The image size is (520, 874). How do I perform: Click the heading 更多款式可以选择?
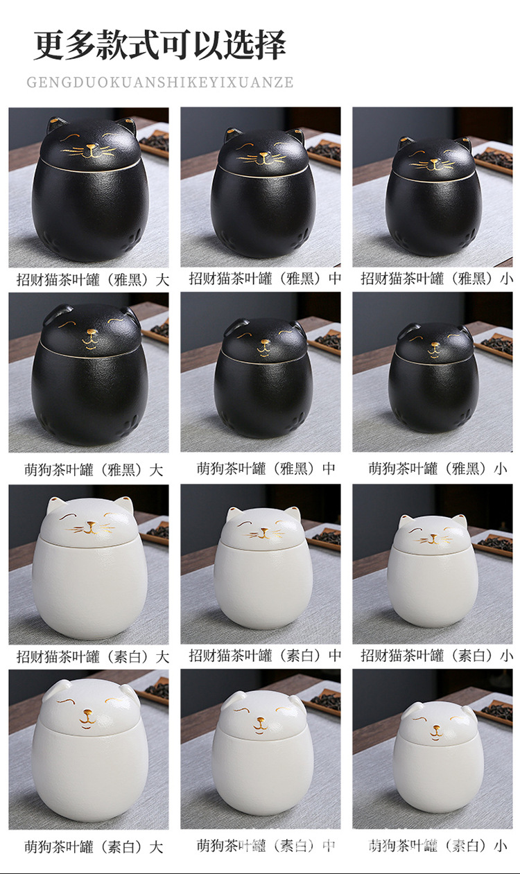click(160, 46)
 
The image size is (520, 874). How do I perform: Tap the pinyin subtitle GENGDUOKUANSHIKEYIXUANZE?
click(160, 82)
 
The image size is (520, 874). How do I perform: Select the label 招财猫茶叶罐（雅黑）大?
click(93, 280)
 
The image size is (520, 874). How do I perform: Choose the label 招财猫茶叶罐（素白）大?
click(93, 656)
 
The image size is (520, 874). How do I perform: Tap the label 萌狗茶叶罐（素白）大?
click(93, 846)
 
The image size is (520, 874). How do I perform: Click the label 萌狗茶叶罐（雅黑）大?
click(93, 470)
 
